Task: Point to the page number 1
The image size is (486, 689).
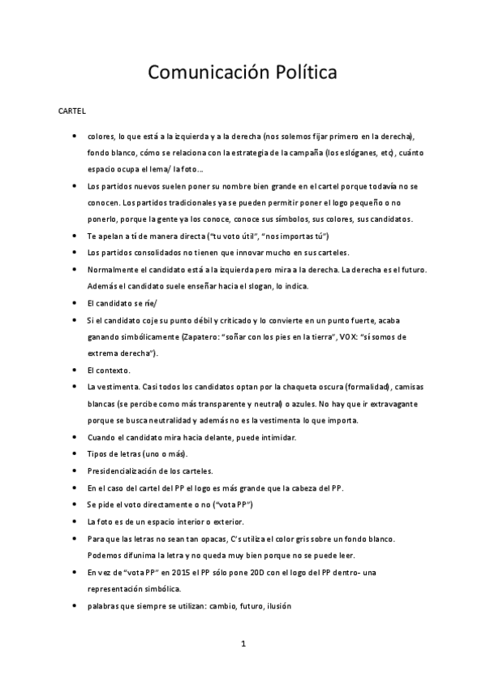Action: pos(243,644)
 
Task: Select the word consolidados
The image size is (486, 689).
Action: pos(158,252)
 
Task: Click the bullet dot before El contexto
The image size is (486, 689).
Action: pos(75,370)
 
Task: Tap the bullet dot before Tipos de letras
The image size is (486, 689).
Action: pos(75,453)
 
